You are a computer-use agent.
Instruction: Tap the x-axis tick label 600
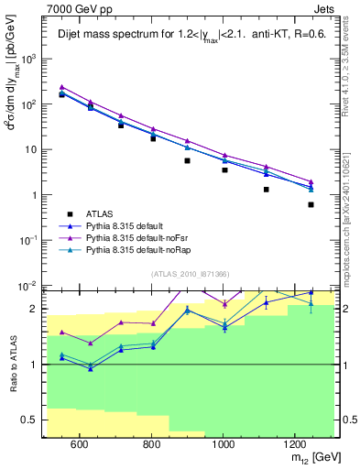tap(79, 444)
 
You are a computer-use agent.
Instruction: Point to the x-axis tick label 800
tap(151, 444)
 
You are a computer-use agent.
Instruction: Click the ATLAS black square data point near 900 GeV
tap(187, 160)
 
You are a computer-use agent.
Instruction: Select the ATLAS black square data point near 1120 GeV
tap(267, 190)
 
